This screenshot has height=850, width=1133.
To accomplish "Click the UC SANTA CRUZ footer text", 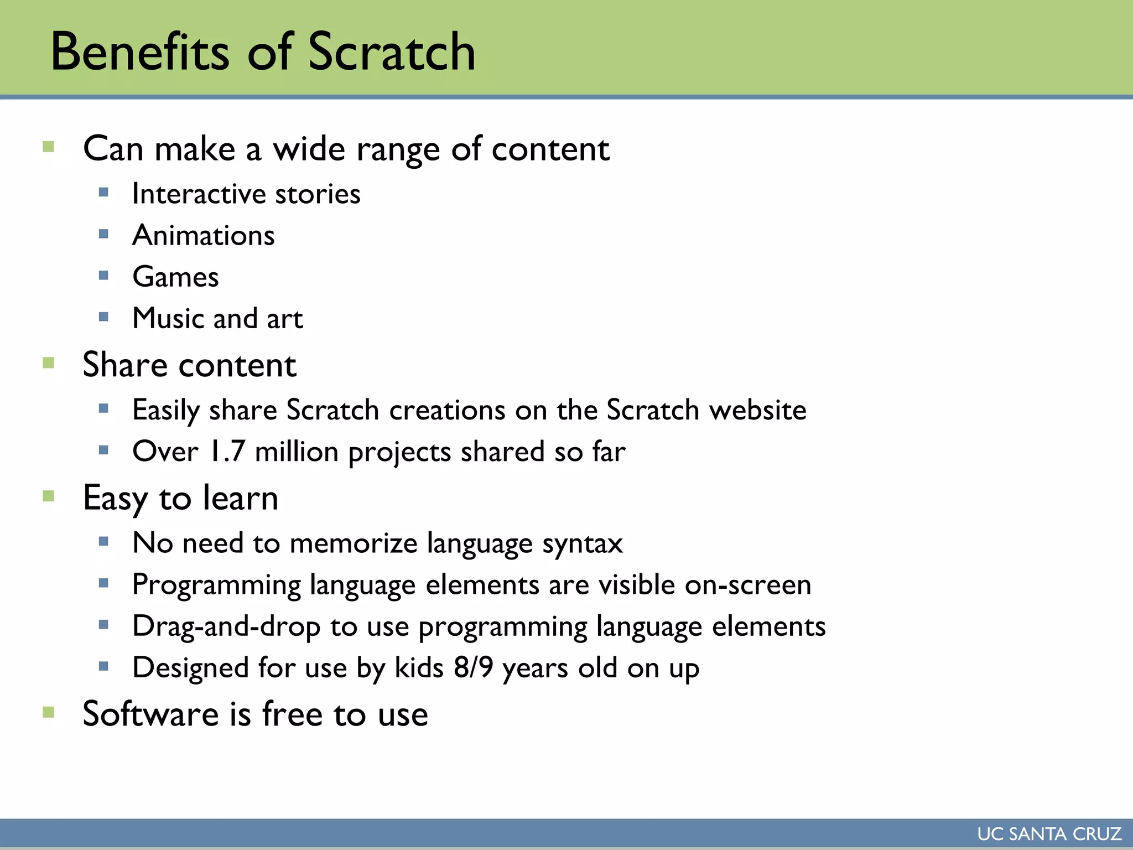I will click(x=1049, y=834).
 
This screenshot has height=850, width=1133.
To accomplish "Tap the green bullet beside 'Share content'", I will click(x=49, y=363).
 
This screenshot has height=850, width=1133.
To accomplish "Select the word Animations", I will click(x=204, y=235).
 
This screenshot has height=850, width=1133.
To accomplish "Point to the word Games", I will click(x=175, y=277).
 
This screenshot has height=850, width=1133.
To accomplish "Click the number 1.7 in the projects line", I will click(x=227, y=451).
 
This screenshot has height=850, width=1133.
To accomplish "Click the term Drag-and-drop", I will click(x=226, y=626).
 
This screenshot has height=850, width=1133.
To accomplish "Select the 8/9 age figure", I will click(x=473, y=667).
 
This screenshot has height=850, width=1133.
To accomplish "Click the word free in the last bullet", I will click(x=292, y=714).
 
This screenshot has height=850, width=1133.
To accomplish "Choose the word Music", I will click(x=169, y=318).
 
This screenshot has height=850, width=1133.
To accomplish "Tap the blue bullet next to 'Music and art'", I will click(x=103, y=317).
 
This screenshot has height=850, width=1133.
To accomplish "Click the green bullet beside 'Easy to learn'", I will click(x=49, y=496).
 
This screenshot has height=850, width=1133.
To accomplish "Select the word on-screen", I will click(x=748, y=585).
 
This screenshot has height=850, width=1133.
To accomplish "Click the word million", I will click(x=297, y=451).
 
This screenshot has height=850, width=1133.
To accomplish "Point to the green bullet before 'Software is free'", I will click(x=49, y=712).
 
